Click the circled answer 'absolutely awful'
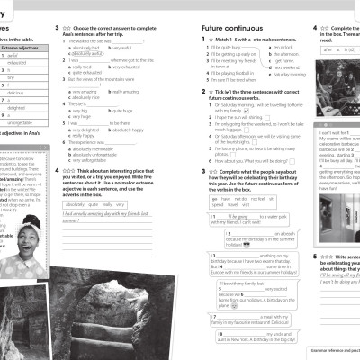click(89, 53)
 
